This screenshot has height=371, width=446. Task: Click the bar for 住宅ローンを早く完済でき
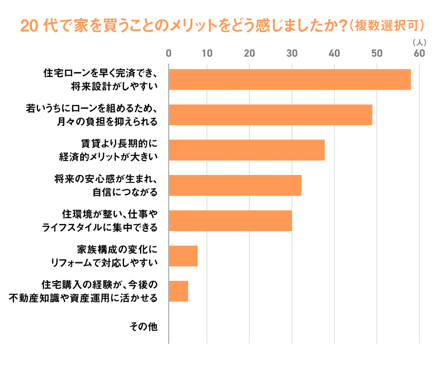290,80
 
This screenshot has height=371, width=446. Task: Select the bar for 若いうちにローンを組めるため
271,115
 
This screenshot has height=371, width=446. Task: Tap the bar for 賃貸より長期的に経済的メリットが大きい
247,150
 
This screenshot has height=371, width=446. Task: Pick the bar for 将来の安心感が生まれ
235,185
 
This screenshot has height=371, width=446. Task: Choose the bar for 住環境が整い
230,220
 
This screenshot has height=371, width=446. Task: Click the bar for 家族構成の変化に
183,256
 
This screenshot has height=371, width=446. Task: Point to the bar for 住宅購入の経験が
178,291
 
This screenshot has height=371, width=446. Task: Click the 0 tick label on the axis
169,54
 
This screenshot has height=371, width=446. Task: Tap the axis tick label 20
249,54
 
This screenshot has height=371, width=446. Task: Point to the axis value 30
292,54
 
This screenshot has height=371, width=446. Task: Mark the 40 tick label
334,54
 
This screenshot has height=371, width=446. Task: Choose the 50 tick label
377,54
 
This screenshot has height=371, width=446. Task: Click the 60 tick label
419,54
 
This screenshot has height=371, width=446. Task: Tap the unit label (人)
419,43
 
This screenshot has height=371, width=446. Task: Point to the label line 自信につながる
125,192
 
